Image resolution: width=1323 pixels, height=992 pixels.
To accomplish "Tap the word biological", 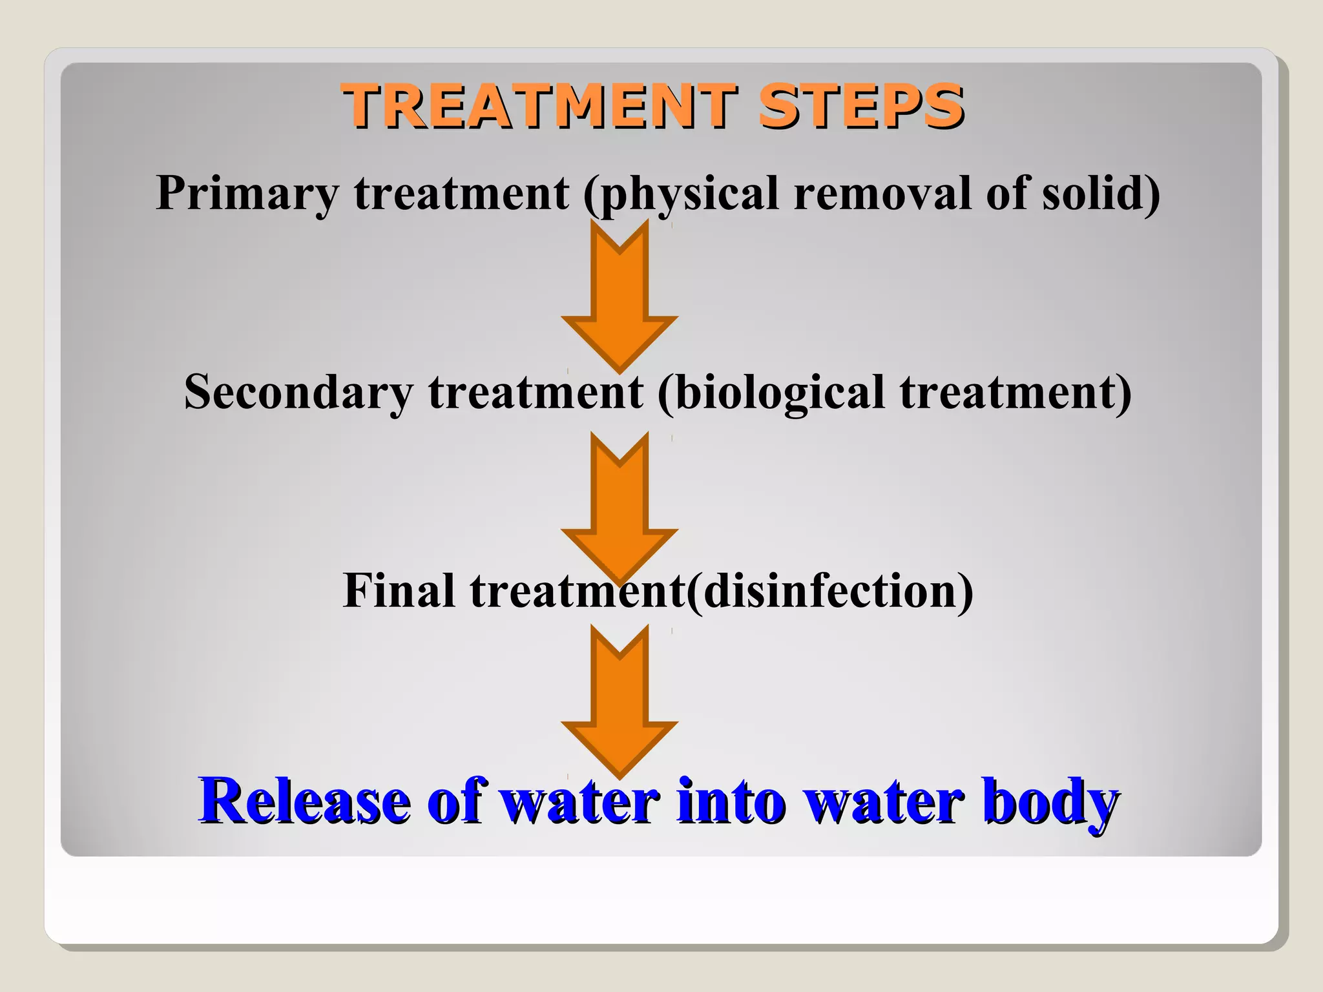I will pyautogui.click(x=771, y=392).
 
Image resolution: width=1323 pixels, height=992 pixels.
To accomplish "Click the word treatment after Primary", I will pyautogui.click(x=462, y=193).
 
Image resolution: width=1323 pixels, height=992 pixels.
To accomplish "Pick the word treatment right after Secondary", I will pyautogui.click(x=536, y=392).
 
